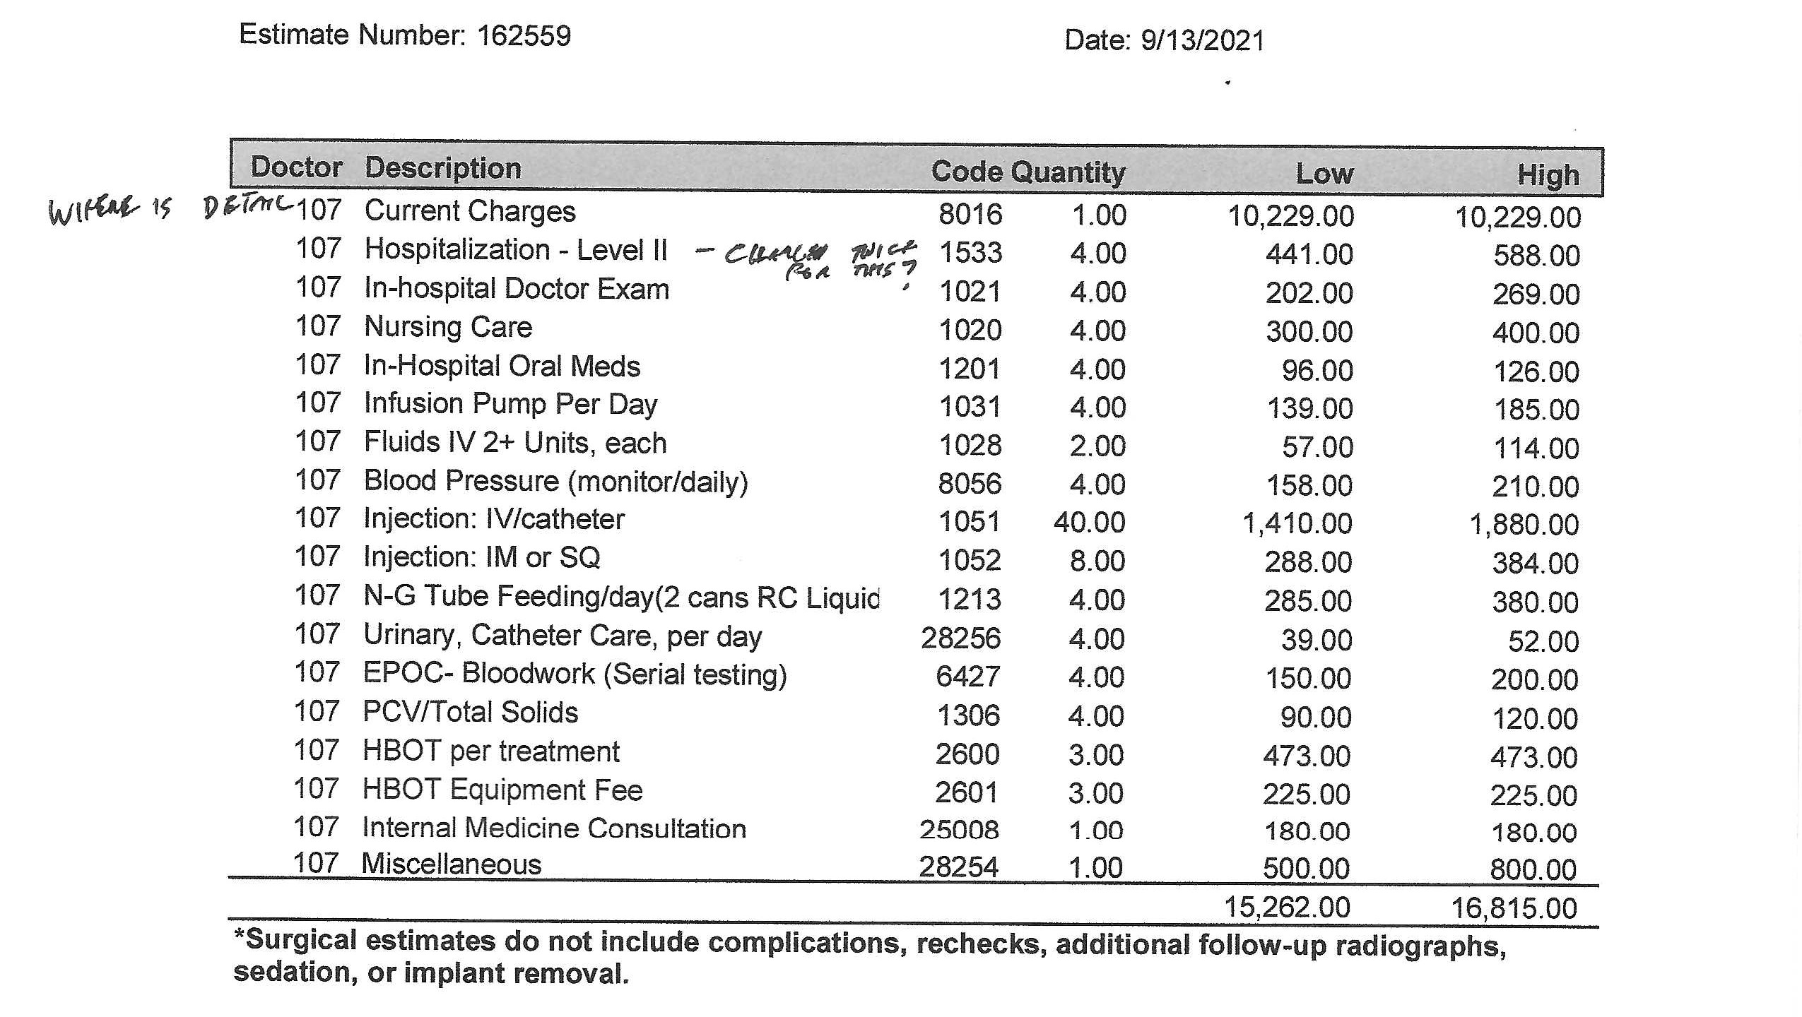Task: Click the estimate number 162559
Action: coord(524,35)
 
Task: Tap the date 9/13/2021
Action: coord(1202,40)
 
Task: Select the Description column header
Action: coord(443,168)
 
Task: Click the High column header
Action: coord(1548,175)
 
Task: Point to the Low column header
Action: coord(1324,174)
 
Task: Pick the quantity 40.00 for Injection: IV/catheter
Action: coord(1089,523)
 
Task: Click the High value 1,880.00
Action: coord(1524,525)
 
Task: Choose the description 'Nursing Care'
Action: coord(448,327)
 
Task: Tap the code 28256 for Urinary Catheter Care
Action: coord(960,638)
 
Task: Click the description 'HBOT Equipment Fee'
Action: coord(502,790)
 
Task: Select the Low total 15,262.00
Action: coord(1287,908)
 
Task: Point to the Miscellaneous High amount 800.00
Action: coord(1533,869)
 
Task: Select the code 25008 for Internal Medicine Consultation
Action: coord(959,830)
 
